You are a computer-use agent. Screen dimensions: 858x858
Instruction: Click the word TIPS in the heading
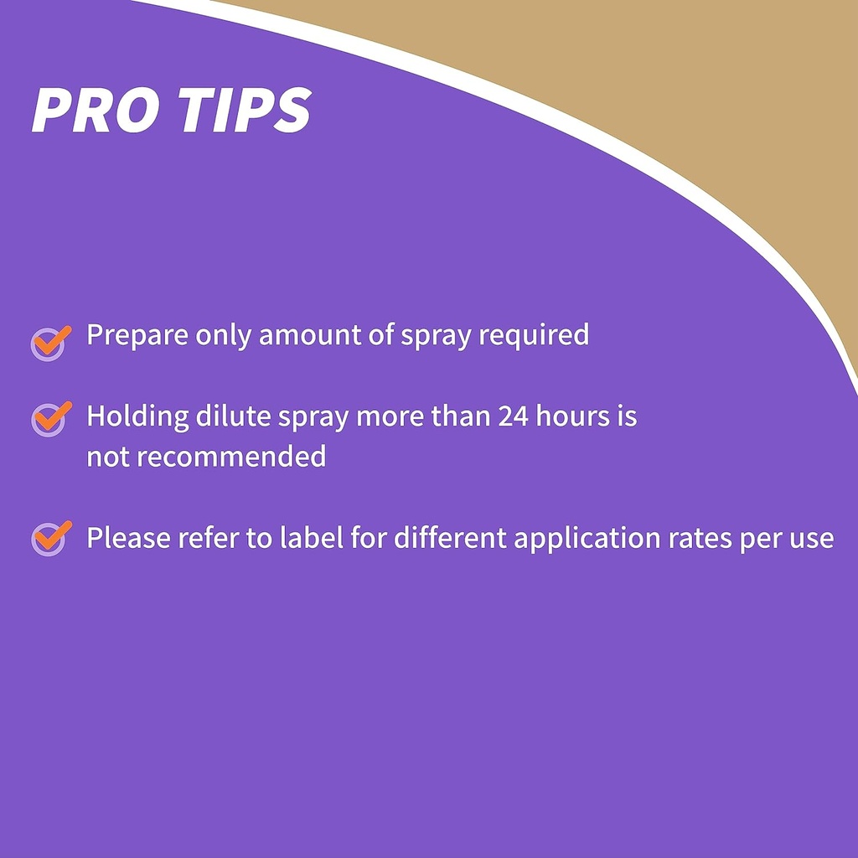point(246,110)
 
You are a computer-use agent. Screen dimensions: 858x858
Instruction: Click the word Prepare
point(137,335)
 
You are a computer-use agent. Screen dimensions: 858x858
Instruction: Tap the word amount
point(309,335)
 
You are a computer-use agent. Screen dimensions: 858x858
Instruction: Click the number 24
point(514,416)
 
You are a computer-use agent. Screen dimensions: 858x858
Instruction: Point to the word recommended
point(231,456)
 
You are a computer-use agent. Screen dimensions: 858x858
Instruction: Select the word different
point(450,537)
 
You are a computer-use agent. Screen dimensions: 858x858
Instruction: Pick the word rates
point(700,538)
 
